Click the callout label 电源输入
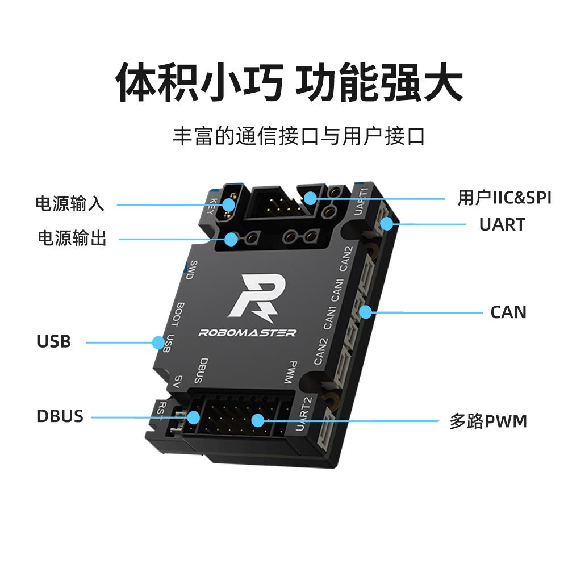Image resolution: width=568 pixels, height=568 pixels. (x=70, y=204)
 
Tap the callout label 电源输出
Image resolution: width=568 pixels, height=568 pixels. (x=72, y=239)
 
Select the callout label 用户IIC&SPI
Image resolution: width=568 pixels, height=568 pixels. (x=504, y=198)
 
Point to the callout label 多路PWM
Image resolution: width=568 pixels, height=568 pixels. (x=488, y=421)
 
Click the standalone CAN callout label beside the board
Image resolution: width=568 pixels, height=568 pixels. (x=508, y=312)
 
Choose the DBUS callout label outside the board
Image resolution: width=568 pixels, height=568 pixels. (x=60, y=416)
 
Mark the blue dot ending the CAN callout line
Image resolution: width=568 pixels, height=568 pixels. (x=365, y=311)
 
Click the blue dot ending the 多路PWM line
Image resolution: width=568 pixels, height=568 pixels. (x=258, y=420)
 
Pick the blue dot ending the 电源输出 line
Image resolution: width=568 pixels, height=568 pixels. (x=231, y=239)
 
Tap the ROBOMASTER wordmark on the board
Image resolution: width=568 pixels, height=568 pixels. (x=247, y=333)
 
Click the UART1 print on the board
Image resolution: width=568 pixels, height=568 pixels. (x=362, y=201)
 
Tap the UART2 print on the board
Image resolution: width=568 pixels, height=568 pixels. (x=305, y=413)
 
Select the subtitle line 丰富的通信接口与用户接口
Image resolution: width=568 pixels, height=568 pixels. (x=299, y=137)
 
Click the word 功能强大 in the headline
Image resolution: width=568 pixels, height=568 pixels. (x=380, y=81)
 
